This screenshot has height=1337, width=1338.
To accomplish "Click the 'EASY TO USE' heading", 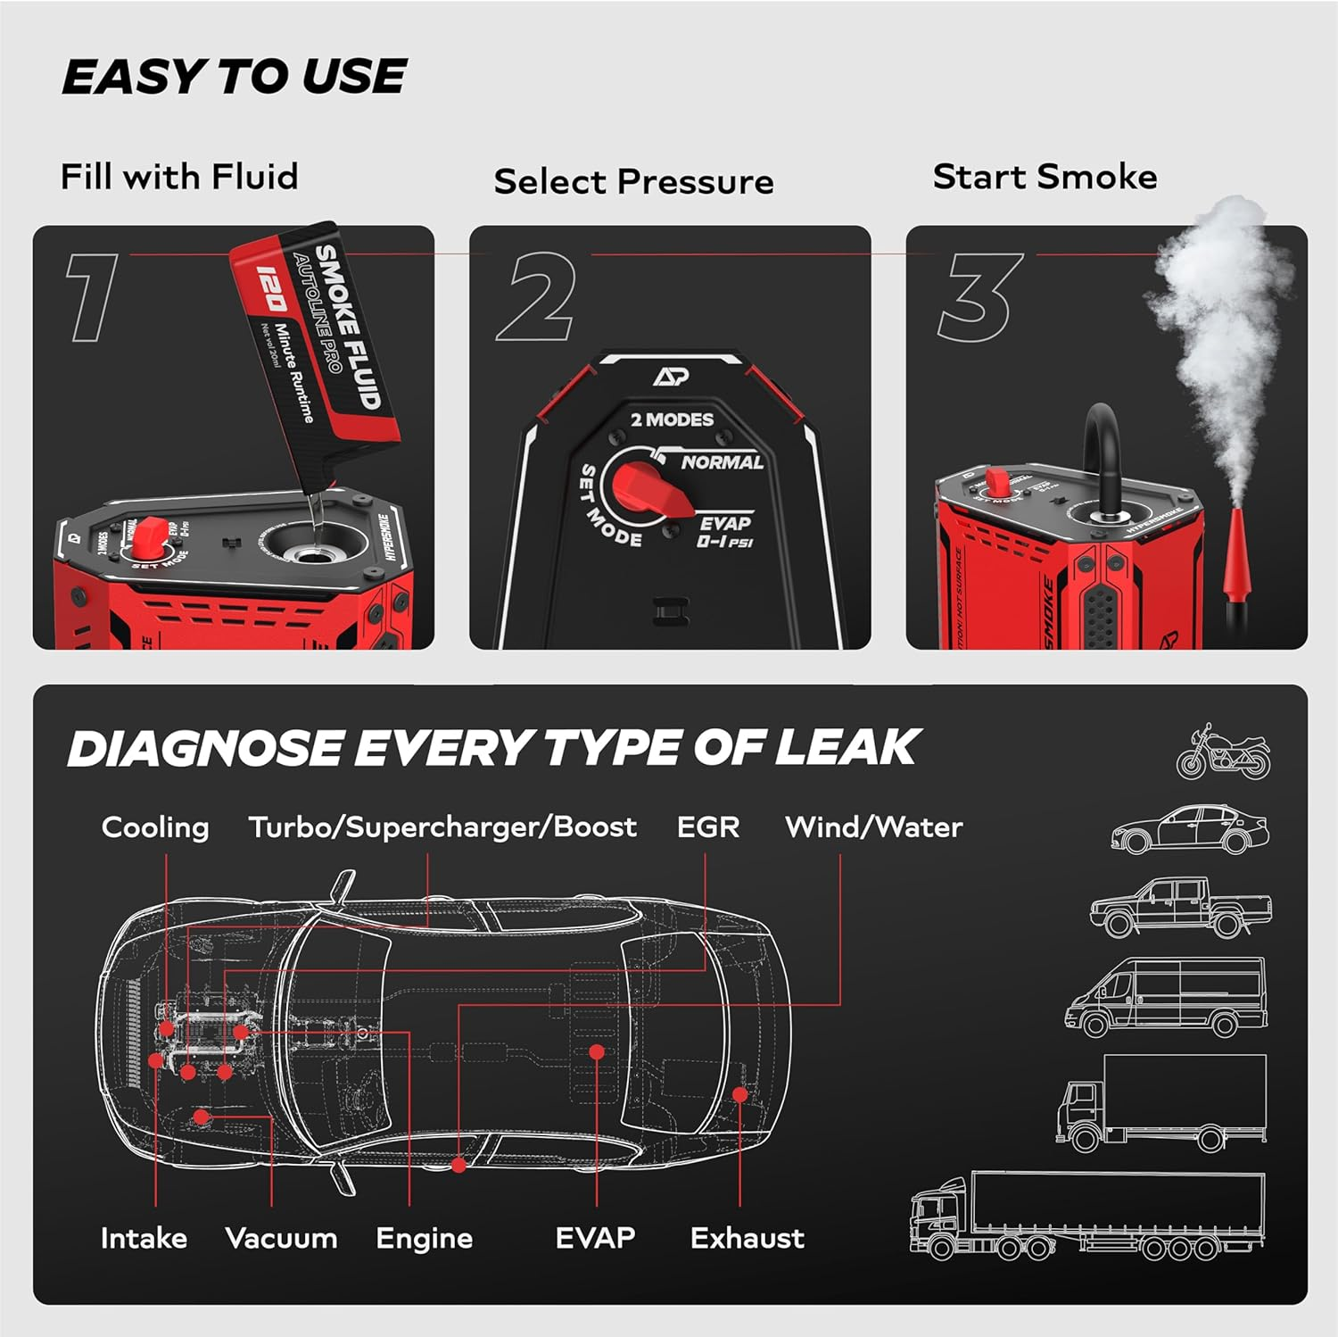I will point(234,77).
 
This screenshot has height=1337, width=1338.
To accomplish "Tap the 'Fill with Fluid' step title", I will point(178,177).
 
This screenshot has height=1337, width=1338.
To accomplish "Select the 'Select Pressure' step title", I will point(633,182).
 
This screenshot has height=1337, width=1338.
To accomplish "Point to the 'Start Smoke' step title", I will point(1045,177).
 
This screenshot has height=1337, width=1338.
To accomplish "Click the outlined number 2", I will point(537,297).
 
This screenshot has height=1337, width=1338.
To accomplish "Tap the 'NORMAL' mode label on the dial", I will point(722,462).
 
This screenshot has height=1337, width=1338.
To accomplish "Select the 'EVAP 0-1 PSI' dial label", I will point(724,532).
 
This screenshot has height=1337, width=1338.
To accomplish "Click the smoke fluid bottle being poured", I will point(317,348).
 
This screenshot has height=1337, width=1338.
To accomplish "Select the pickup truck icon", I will point(1180,907).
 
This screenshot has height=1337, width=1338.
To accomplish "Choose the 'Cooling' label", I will point(155,827).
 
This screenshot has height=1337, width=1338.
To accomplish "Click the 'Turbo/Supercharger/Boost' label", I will point(442,827).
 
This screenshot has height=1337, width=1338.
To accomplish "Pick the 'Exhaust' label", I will point(747,1239).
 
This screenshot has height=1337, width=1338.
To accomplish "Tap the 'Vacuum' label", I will point(281,1239).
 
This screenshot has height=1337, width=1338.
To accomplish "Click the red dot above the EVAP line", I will point(597,1053).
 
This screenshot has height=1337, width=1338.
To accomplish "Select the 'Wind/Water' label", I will point(873,827).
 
